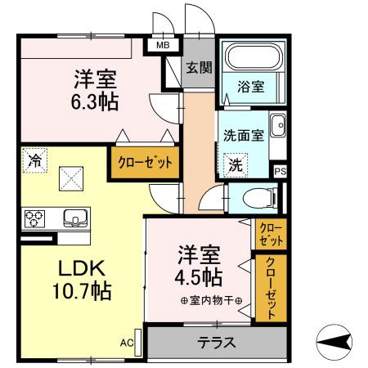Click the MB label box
164,47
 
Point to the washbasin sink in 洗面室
277,127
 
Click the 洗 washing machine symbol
236,164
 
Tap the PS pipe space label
280,171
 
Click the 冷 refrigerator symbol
34,160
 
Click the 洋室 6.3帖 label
96,91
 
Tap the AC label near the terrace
128,343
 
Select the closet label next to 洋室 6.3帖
144,162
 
